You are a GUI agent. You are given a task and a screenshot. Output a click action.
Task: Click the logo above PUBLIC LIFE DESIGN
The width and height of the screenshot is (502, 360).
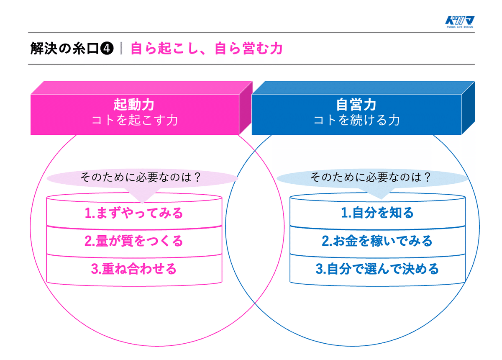pyautogui.click(x=460, y=20)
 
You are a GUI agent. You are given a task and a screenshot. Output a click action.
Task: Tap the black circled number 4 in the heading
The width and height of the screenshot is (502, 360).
pyautogui.click(x=107, y=49)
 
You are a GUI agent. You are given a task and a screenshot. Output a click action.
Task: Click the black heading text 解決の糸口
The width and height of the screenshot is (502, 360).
pyautogui.click(x=64, y=49)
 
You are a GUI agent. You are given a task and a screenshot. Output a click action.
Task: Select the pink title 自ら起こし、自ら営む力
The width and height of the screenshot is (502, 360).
pyautogui.click(x=206, y=49)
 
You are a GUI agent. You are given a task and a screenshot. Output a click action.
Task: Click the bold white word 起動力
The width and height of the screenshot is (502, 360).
pyautogui.click(x=134, y=105)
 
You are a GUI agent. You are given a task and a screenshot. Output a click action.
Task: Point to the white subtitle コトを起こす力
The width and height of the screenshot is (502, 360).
pyautogui.click(x=135, y=120)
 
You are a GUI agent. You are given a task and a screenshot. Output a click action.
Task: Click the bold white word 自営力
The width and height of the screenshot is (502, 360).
pyautogui.click(x=356, y=105)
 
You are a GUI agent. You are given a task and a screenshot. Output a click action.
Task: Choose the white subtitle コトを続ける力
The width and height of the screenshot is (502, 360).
pyautogui.click(x=356, y=120)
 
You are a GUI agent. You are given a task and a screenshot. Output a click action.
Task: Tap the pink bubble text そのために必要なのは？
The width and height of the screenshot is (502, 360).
pyautogui.click(x=141, y=177)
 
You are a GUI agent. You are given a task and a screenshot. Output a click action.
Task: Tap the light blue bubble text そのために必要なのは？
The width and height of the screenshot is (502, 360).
pyautogui.click(x=371, y=177)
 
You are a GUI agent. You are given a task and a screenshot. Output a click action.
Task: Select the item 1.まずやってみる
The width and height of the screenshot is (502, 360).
pyautogui.click(x=134, y=213)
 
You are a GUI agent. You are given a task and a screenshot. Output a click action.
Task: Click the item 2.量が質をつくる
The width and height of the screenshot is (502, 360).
pyautogui.click(x=134, y=241)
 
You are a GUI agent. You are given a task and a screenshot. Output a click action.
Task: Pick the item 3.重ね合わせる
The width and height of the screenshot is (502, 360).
pyautogui.click(x=134, y=269)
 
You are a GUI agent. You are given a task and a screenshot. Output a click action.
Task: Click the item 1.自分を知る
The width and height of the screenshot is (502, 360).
pyautogui.click(x=377, y=213)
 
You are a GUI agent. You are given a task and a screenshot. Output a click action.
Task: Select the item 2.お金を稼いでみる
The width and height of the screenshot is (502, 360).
pyautogui.click(x=377, y=241)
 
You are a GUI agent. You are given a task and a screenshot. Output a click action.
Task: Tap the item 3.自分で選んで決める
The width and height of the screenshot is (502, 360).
pyautogui.click(x=377, y=269)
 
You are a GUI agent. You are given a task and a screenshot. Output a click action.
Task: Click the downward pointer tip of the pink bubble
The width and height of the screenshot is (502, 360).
pyautogui.click(x=142, y=203)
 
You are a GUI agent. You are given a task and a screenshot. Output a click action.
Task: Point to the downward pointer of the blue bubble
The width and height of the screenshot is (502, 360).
pyautogui.click(x=382, y=193)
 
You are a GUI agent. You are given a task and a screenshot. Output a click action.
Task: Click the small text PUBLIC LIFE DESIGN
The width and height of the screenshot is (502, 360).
pyautogui.click(x=460, y=27)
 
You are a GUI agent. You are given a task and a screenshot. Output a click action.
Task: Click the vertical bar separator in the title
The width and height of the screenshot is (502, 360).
pyautogui.click(x=121, y=48)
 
